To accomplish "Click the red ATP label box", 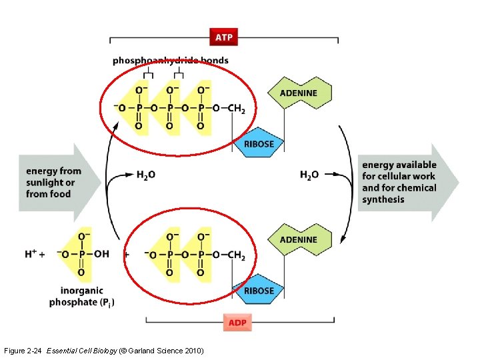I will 224,37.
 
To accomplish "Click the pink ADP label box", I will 238,323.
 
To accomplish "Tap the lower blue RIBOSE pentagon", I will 259,291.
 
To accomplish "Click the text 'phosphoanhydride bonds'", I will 171,61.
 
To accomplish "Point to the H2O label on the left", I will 146,175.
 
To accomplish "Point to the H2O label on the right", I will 309,175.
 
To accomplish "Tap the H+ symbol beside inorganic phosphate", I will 31,254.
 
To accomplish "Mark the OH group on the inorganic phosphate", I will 101,254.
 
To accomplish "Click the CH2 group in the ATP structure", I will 236,108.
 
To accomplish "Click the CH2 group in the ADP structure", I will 236,255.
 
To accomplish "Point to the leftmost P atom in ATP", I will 138,108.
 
